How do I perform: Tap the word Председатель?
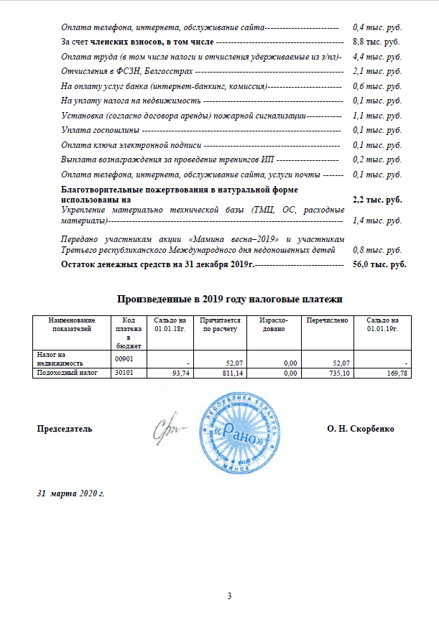tap(65, 429)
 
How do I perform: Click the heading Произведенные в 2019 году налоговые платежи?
tap(229, 298)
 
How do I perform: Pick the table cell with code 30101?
tap(127, 374)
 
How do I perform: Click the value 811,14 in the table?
tap(226, 374)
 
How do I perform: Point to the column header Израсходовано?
tap(272, 324)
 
